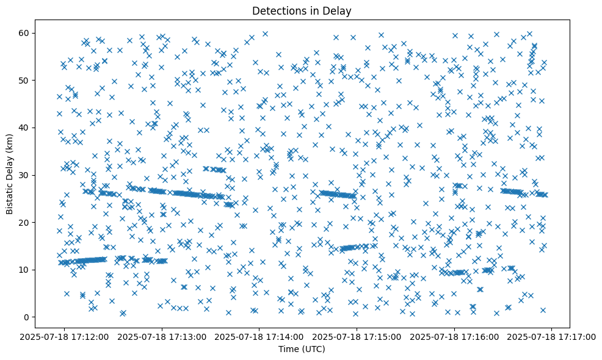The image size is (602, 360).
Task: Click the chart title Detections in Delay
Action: coord(302,10)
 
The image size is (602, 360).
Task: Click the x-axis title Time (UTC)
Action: coord(302,349)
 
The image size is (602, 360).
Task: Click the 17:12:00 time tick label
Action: coord(65,336)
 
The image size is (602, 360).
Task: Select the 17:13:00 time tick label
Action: coord(162,336)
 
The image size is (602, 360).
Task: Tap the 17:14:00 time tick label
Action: coord(259,336)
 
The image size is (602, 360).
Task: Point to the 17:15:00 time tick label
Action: coord(357,336)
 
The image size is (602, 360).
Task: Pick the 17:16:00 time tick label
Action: coord(454,336)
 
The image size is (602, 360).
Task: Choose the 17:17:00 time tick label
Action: coord(552,336)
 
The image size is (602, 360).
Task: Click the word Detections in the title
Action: coord(278,10)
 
